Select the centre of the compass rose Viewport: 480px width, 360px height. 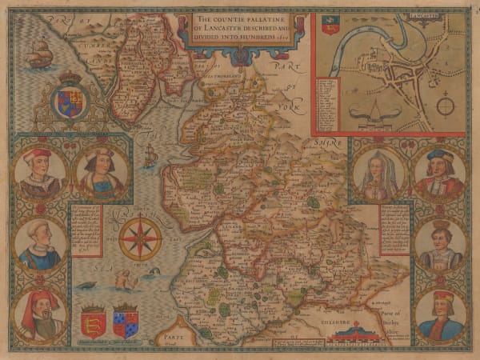click(x=140, y=238)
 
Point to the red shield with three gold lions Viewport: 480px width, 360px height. click(x=94, y=322)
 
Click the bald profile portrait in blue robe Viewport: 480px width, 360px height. click(x=40, y=244)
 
